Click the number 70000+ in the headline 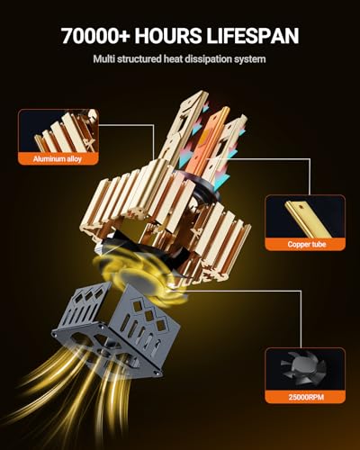pos(95,36)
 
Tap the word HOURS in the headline pos(168,36)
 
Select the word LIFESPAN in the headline pos(253,36)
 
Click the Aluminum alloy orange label pos(58,158)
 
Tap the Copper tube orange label pos(306,244)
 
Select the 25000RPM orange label pos(306,397)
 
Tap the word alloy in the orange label pos(74,158)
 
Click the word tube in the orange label pos(318,244)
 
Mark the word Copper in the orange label pos(298,245)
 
